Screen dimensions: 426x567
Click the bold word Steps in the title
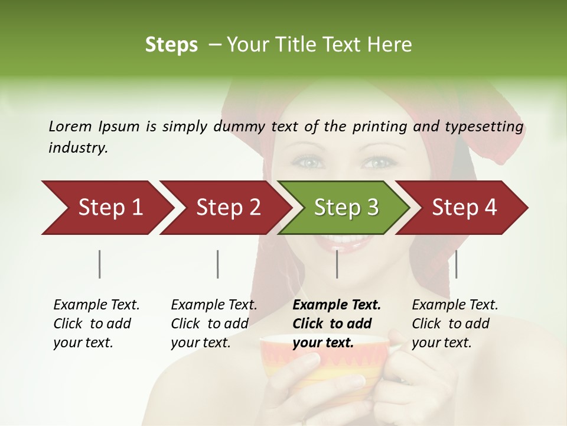(x=171, y=45)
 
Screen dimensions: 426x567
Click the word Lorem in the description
(x=70, y=126)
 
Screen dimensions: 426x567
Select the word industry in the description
(x=78, y=147)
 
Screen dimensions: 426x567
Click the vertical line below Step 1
(x=99, y=264)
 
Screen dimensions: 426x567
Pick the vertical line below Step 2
(x=218, y=264)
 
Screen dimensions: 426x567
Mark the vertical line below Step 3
(x=337, y=264)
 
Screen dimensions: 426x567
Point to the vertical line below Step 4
(x=456, y=264)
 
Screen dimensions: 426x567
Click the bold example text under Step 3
(x=336, y=324)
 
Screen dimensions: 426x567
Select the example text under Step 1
(x=96, y=324)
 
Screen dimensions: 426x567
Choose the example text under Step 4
(x=454, y=324)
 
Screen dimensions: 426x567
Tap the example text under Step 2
(x=213, y=324)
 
